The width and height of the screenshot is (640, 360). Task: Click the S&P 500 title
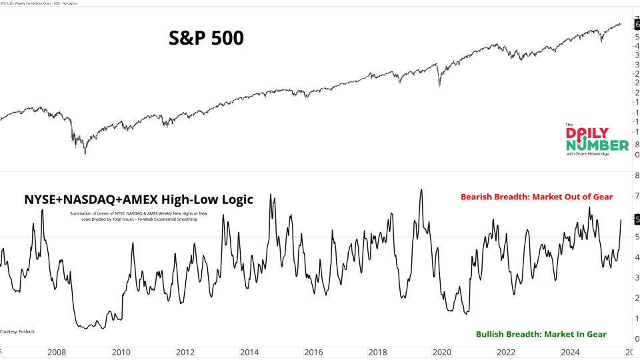click(x=206, y=39)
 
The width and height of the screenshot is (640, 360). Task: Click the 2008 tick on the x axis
click(x=56, y=352)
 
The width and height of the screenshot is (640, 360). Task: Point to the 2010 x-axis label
click(x=121, y=352)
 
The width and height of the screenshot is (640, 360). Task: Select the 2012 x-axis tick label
click(x=185, y=352)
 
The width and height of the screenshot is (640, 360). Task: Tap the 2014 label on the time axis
click(x=249, y=352)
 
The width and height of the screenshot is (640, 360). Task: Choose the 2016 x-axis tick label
click(x=313, y=352)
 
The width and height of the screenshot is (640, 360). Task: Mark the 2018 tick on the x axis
click(x=378, y=352)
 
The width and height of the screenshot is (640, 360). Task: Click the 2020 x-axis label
click(x=442, y=352)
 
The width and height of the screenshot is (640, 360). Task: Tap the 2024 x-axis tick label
click(x=571, y=352)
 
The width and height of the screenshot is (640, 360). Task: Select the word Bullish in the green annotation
click(x=494, y=334)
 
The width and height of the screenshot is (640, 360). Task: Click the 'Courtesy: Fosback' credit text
click(x=18, y=331)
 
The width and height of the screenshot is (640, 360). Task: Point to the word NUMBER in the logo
click(x=597, y=145)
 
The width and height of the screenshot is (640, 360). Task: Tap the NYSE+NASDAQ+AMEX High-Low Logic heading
click(x=139, y=199)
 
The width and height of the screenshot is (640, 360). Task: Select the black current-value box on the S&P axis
click(x=637, y=24)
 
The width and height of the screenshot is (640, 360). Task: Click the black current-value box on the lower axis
click(x=637, y=219)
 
